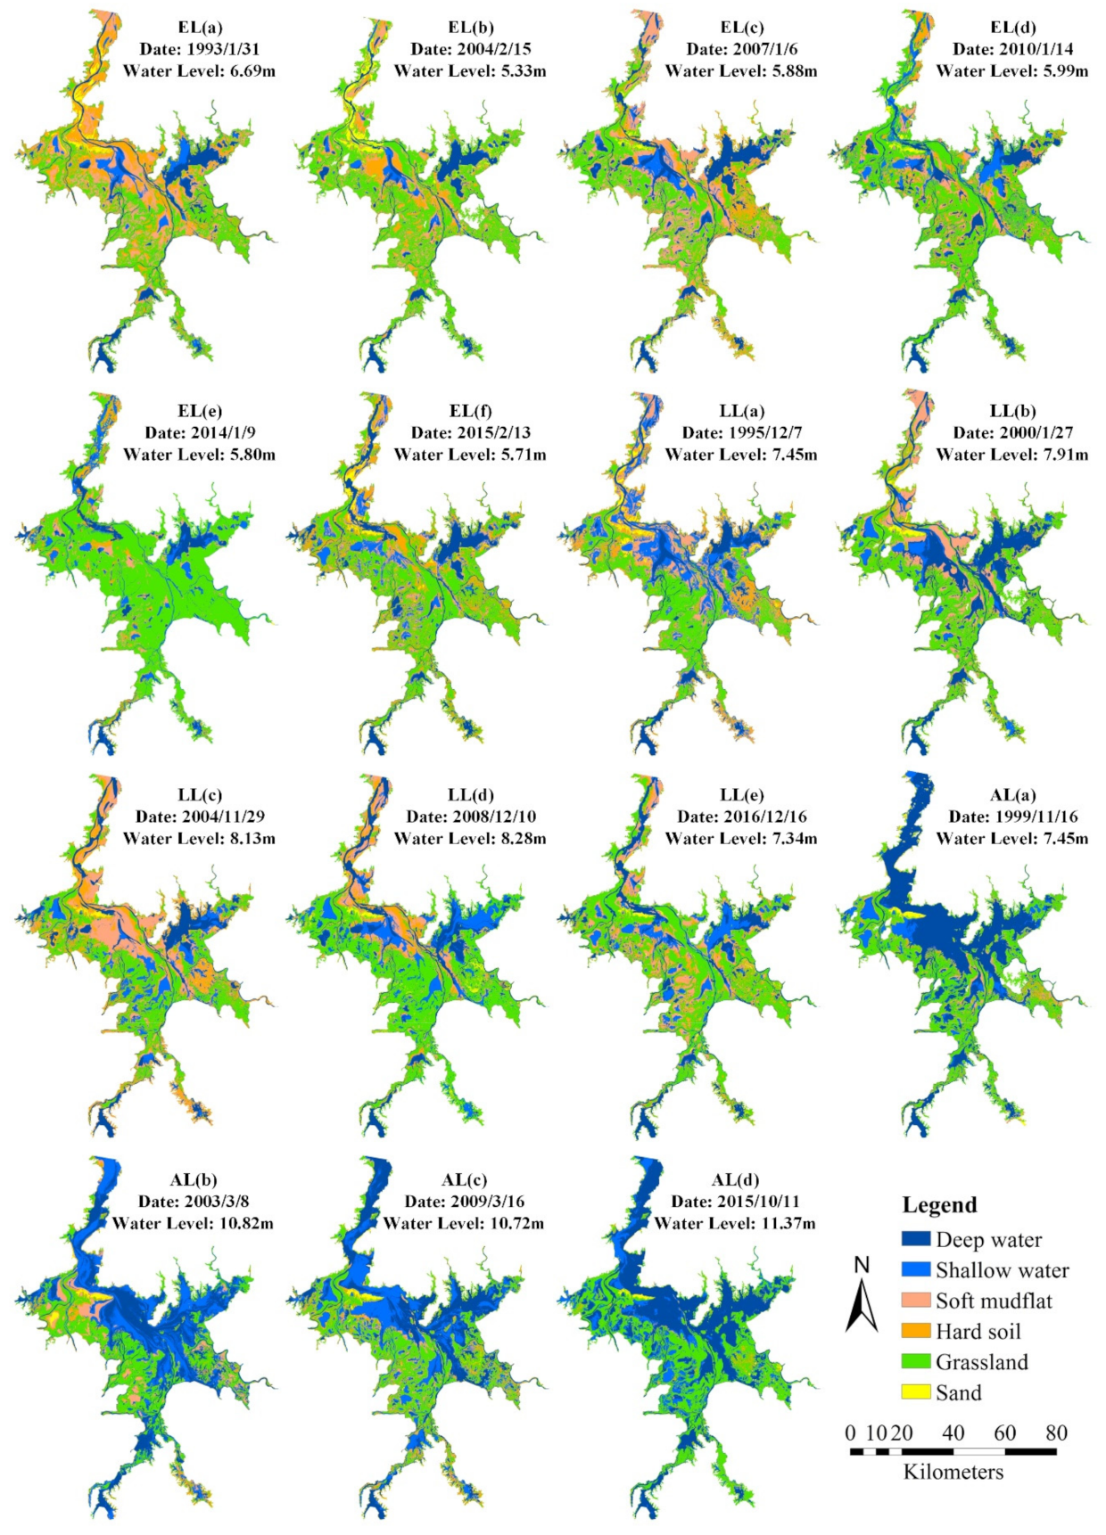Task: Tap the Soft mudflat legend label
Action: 994,1301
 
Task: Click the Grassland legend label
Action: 981,1361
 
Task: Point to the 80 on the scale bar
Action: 1056,1432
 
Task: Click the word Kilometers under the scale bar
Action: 953,1472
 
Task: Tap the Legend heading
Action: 939,1204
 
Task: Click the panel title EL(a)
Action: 200,28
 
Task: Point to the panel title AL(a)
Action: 1012,795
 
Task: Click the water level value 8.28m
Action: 516,838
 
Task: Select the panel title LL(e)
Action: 741,795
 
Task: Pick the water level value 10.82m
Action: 243,1223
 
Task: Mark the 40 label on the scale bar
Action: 953,1432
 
